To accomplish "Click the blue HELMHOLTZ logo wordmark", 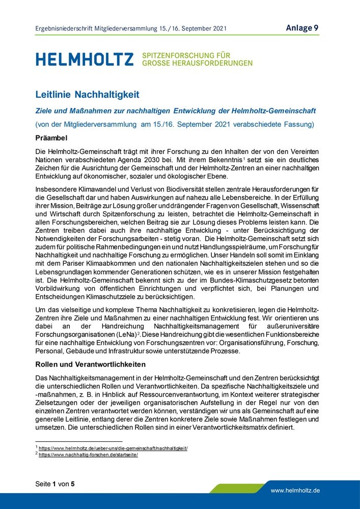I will point(85,59).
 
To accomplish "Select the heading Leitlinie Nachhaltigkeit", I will point(87,95).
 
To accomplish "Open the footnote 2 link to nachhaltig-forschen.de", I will point(89,455).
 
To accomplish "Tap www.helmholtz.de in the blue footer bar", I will point(295,491).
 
